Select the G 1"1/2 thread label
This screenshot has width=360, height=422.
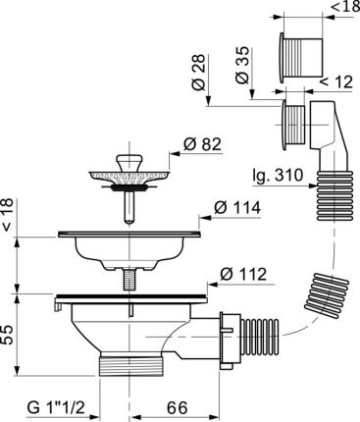point(54,405)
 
